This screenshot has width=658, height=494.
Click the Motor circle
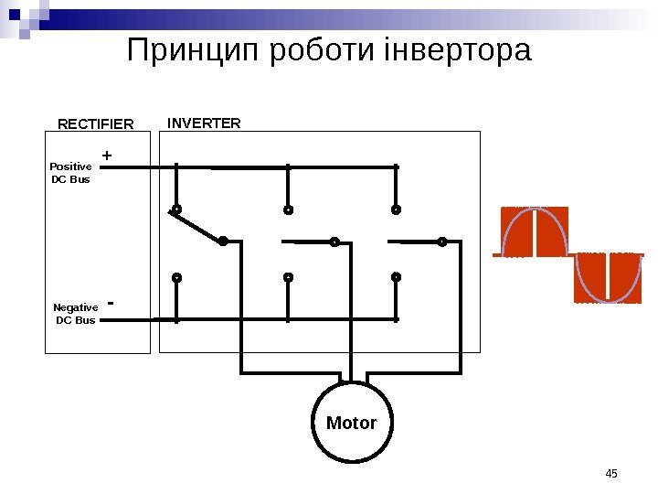click(352, 423)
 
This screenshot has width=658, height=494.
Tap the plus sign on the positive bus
click(107, 157)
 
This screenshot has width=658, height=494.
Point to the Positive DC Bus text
click(70, 173)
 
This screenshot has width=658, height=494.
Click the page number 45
click(611, 473)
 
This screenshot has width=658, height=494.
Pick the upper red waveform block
click(535, 231)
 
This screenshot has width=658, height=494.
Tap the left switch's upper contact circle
click(176, 209)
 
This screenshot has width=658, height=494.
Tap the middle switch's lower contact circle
click(287, 276)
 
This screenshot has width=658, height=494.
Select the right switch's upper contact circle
click(396, 209)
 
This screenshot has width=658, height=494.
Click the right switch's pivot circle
click(441, 242)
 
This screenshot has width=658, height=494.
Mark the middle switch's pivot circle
click(334, 242)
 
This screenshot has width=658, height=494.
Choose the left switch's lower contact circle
click(176, 276)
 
